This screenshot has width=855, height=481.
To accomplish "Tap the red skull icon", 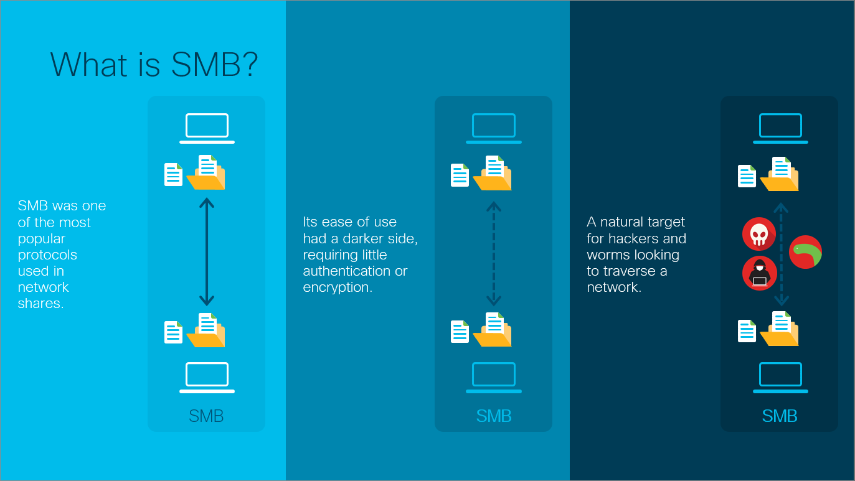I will [758, 234].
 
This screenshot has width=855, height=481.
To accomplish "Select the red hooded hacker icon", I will [759, 273].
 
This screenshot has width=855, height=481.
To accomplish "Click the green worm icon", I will [805, 252].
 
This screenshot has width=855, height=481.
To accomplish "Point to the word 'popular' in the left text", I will [42, 239].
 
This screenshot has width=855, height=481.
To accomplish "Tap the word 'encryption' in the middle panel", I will [337, 287].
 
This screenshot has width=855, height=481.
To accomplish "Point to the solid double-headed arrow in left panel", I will [207, 252].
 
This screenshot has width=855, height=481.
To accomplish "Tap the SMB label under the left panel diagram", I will [206, 416].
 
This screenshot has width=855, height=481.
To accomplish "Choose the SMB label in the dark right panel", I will [780, 416].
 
